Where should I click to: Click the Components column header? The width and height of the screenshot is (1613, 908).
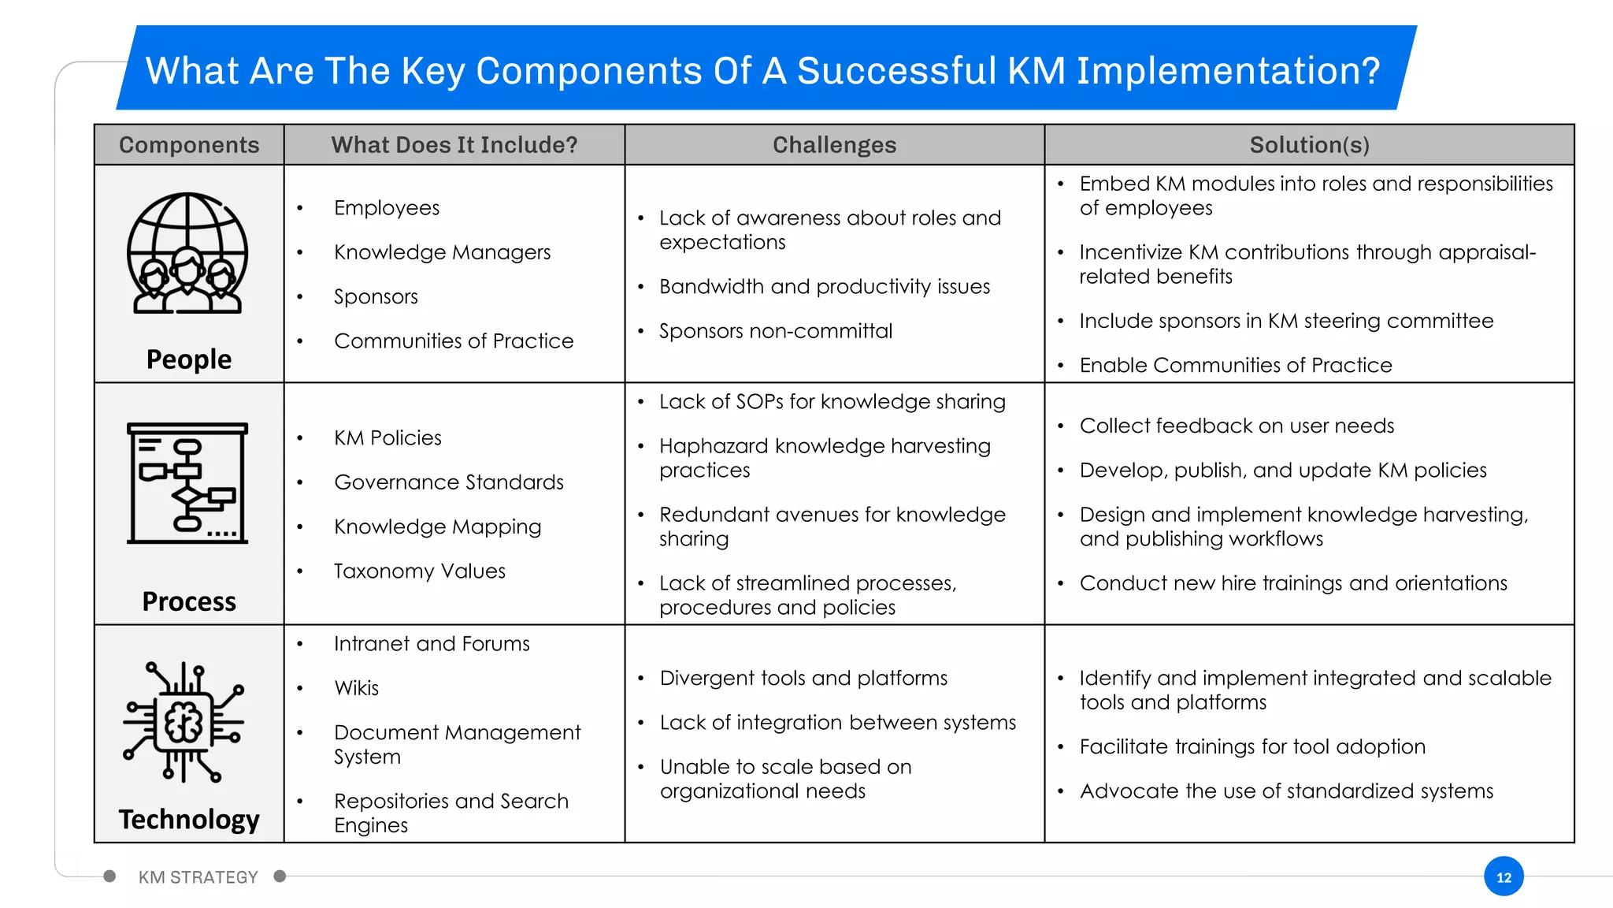[x=189, y=145]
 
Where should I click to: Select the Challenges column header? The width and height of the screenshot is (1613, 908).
[x=834, y=145]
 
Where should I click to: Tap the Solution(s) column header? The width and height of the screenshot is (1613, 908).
[x=1309, y=145]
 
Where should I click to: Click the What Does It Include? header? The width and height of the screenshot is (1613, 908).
[x=454, y=145]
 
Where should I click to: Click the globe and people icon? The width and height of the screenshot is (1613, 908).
[x=187, y=254]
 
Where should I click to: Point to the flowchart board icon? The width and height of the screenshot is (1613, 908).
[x=187, y=483]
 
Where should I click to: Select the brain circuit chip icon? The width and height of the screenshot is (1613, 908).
[x=184, y=722]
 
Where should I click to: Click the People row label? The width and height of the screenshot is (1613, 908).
[x=189, y=359]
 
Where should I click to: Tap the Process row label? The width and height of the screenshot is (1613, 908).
[x=189, y=601]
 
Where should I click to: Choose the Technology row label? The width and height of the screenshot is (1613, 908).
[x=189, y=820]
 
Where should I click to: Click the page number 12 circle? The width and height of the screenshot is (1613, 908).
[x=1504, y=876]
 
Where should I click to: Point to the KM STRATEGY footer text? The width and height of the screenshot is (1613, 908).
[x=198, y=877]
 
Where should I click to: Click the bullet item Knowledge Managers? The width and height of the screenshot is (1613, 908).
[x=442, y=252]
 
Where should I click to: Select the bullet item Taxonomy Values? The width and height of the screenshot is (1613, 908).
[x=419, y=571]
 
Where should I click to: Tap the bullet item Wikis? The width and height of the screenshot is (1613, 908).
[x=356, y=688]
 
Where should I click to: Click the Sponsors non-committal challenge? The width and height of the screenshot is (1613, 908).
[x=776, y=331]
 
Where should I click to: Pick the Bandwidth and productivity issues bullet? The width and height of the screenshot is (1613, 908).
[x=825, y=287]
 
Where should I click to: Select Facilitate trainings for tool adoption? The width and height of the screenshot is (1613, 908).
[x=1252, y=746]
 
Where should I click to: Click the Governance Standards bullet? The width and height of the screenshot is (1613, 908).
[x=449, y=482]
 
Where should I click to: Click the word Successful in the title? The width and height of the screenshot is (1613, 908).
[x=896, y=71]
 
